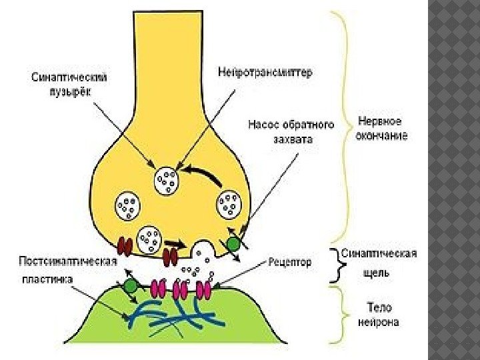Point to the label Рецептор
290,262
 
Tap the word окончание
382,135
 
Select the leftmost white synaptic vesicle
127,205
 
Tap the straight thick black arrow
175,243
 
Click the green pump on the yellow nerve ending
233,244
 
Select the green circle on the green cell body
130,287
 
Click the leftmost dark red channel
125,246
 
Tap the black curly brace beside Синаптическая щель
337,265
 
